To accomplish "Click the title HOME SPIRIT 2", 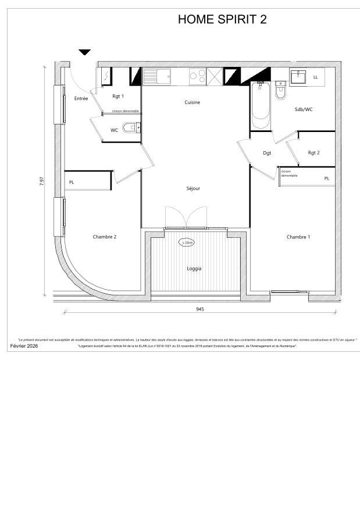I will [x=222, y=19].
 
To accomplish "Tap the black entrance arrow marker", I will [x=85, y=52].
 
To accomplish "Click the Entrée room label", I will [x=81, y=99].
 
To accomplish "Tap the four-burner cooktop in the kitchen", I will [x=197, y=76].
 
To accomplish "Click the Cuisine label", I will [x=193, y=102].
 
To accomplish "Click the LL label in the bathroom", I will [x=316, y=77].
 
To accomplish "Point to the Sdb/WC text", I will [x=304, y=109].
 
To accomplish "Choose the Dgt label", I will [x=267, y=153].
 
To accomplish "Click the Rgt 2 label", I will [x=314, y=153].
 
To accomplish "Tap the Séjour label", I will [x=193, y=188].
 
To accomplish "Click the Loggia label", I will [x=194, y=269].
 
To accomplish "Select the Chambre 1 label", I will [x=298, y=237].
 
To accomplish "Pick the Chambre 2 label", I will [x=105, y=237].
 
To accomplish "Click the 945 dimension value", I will [x=200, y=309].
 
